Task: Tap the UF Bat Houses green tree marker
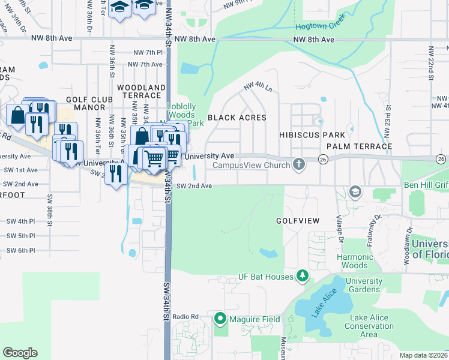click(304, 276)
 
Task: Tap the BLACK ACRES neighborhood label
click(237, 118)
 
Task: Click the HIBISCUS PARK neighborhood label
click(312, 135)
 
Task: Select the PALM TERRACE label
click(359, 146)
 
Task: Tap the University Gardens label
click(364, 285)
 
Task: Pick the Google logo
click(20, 353)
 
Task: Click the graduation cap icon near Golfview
click(355, 193)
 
